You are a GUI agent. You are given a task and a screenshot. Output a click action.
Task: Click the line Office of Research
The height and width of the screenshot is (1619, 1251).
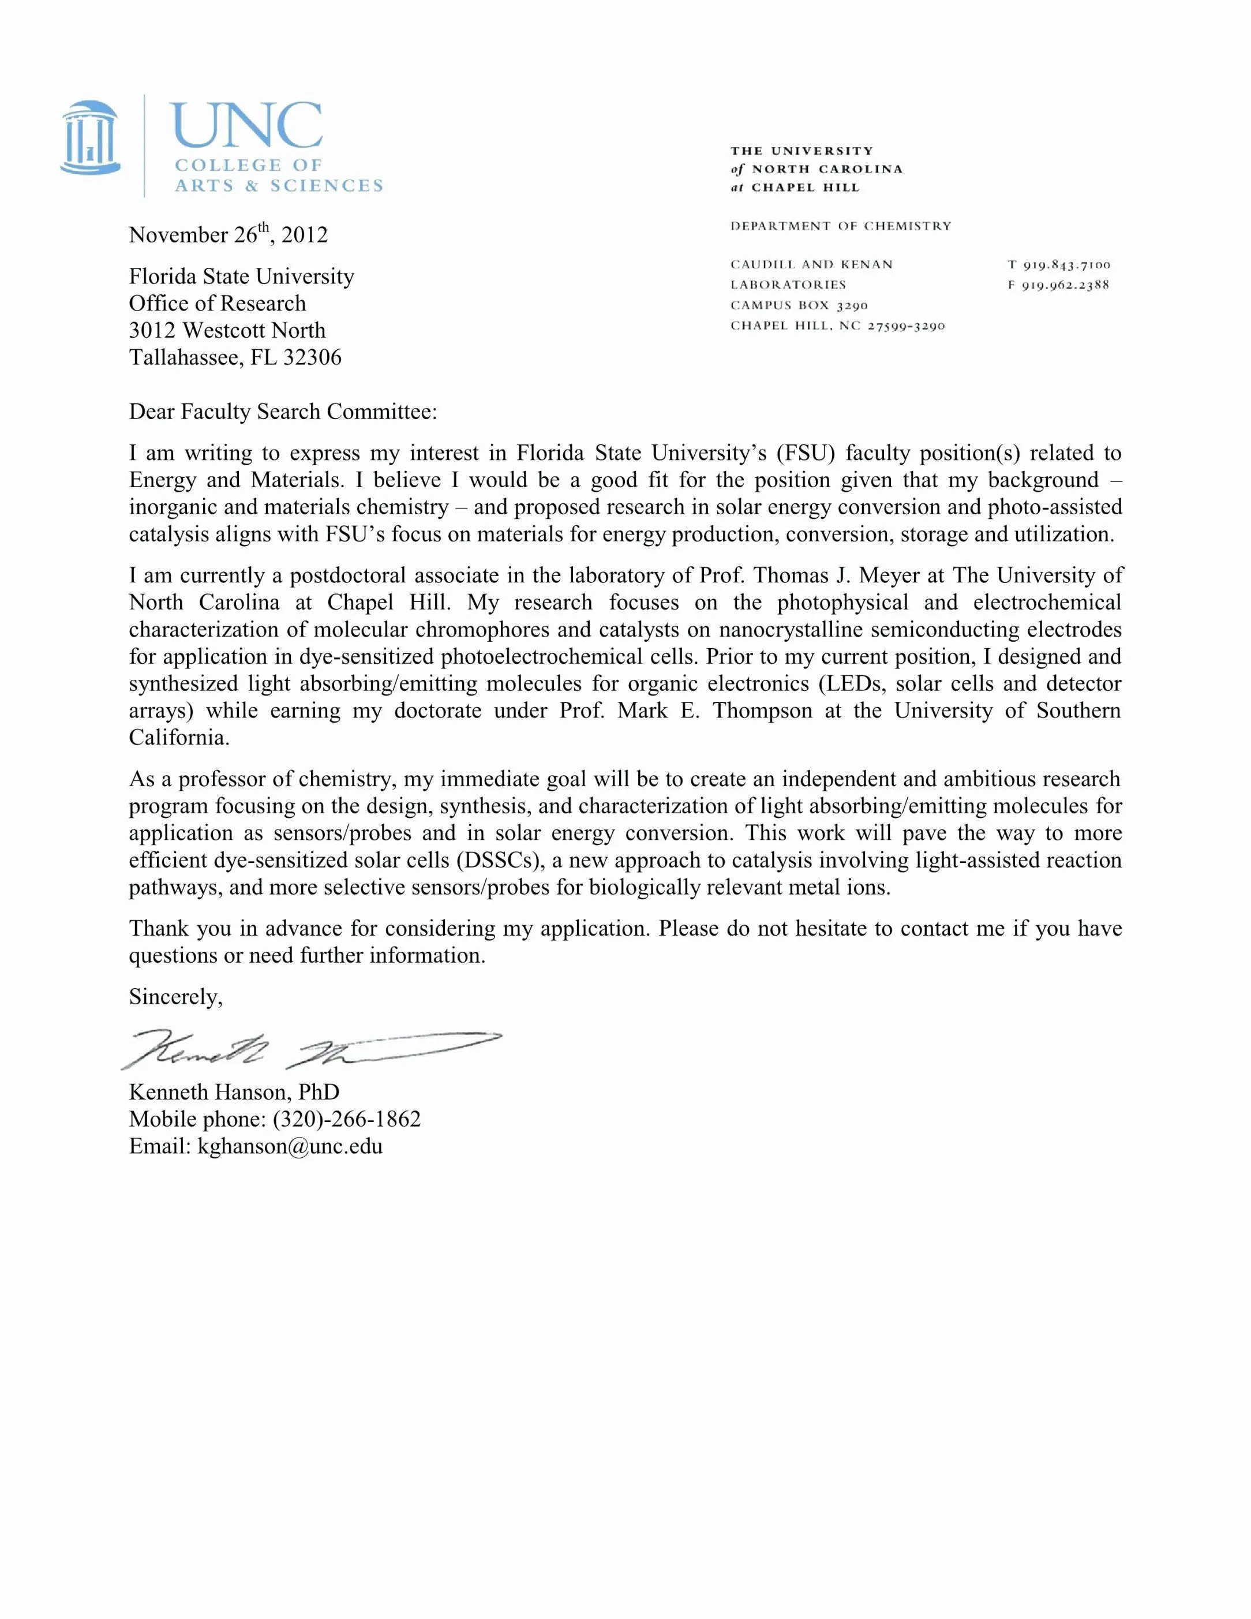pyautogui.click(x=217, y=303)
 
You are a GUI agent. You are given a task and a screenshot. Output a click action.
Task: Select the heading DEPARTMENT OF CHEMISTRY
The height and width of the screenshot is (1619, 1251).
pyautogui.click(x=840, y=226)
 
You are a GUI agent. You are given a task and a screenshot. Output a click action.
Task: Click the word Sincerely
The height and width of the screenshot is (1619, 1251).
pyautogui.click(x=175, y=997)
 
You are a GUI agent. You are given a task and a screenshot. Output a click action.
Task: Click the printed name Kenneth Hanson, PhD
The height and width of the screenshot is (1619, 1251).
pyautogui.click(x=234, y=1092)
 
